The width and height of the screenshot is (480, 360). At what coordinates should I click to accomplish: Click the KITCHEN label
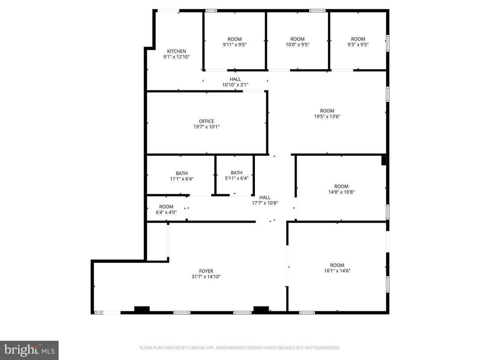176,51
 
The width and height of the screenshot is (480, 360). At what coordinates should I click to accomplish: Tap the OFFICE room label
206,121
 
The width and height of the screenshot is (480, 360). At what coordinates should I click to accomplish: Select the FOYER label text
206,271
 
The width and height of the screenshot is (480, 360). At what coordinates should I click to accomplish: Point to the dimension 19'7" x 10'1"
206,127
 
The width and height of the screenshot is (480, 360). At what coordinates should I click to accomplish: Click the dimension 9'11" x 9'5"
235,45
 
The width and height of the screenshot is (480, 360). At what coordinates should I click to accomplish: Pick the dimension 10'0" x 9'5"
297,45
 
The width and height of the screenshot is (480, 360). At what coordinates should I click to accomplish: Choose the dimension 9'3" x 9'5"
358,45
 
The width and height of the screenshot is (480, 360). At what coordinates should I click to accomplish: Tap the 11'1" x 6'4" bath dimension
181,179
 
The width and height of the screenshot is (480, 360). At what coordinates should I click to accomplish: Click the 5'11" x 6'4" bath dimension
236,178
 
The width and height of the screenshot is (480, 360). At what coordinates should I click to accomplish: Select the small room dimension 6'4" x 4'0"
166,212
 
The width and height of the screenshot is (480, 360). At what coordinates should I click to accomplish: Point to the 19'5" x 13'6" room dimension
327,117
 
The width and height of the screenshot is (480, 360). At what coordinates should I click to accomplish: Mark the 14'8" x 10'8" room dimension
341,192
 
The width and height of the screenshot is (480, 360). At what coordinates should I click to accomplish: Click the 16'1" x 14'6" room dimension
337,271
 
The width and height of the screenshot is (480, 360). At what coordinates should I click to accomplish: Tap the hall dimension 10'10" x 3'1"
235,85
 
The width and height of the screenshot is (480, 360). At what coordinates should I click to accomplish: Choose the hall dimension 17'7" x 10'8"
265,203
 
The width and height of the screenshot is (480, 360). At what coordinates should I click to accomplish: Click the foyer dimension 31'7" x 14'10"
206,276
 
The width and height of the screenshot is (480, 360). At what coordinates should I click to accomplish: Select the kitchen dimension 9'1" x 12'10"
176,57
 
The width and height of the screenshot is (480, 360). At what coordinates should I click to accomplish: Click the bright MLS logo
29,350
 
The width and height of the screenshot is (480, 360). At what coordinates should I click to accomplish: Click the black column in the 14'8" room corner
384,160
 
